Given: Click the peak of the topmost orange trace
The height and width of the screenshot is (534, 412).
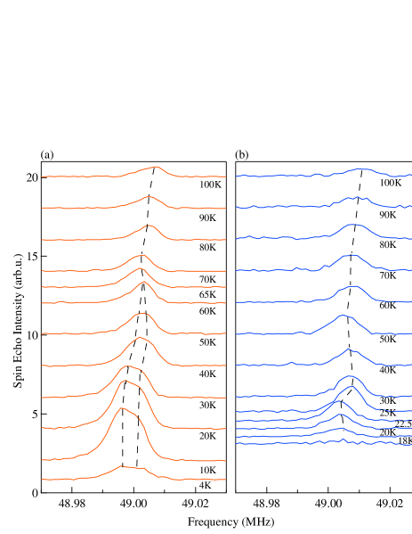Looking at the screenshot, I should [x=157, y=167].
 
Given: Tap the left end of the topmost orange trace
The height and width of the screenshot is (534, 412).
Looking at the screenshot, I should [x=42, y=177].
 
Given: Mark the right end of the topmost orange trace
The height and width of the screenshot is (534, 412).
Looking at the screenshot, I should [x=225, y=177].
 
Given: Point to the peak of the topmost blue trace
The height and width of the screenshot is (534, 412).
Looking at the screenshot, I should [x=362, y=168].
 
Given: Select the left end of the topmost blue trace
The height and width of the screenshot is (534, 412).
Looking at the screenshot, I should [x=237, y=177].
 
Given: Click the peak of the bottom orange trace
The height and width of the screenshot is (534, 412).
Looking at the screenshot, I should [x=122, y=465].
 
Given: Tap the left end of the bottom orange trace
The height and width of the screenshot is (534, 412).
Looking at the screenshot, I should [x=42, y=480].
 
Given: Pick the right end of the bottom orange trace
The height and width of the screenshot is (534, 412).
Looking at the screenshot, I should [x=225, y=480].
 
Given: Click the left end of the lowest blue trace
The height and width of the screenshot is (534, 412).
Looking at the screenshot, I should [x=237, y=443].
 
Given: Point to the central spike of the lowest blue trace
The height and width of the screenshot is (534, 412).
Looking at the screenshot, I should [x=343, y=439].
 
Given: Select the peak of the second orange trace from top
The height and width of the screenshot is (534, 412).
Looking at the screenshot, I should [x=149, y=197].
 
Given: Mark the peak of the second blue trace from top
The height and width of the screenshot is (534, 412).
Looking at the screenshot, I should [x=356, y=197].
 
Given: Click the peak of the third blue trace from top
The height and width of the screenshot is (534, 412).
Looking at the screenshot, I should [x=353, y=225].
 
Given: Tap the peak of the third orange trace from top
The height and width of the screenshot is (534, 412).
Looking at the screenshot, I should [x=149, y=226].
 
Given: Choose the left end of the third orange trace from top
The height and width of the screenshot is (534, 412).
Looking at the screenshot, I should [x=42, y=240].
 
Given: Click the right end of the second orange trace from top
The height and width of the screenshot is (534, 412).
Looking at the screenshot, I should [x=225, y=208].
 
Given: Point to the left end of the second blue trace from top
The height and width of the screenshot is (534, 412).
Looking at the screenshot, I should [x=237, y=208].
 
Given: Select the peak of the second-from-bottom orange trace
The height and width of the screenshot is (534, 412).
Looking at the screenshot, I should [x=122, y=408].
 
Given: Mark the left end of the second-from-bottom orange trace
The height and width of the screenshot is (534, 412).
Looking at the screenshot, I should [x=42, y=460].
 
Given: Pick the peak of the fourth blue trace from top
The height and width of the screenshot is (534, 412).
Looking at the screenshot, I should [x=352, y=256].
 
